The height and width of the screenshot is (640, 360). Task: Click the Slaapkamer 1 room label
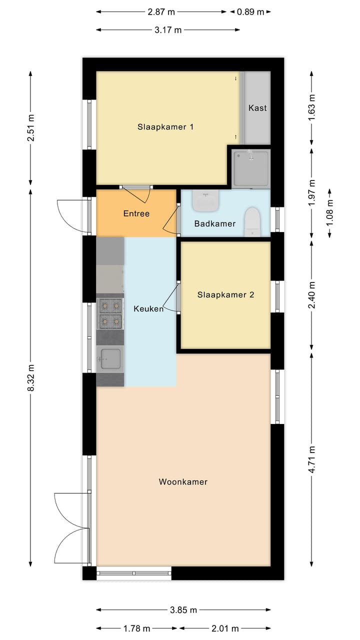[x=165, y=127]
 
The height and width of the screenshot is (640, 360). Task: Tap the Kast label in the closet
[x=257, y=108]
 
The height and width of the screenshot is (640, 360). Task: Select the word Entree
[x=136, y=213]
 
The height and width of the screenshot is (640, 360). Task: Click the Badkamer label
[x=215, y=223]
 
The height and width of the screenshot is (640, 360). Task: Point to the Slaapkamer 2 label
[x=225, y=295]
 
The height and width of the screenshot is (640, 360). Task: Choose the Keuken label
[x=148, y=309]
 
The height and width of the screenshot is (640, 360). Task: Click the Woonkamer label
[x=183, y=482]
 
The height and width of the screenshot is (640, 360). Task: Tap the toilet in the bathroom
[x=252, y=221]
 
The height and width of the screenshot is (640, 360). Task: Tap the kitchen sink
[x=110, y=358]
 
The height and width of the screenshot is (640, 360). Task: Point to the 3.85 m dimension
[x=183, y=610]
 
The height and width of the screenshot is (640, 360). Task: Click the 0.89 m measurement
[x=254, y=12]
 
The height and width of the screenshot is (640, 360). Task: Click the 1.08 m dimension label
[x=330, y=213]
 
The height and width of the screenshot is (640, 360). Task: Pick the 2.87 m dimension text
[x=161, y=12]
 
